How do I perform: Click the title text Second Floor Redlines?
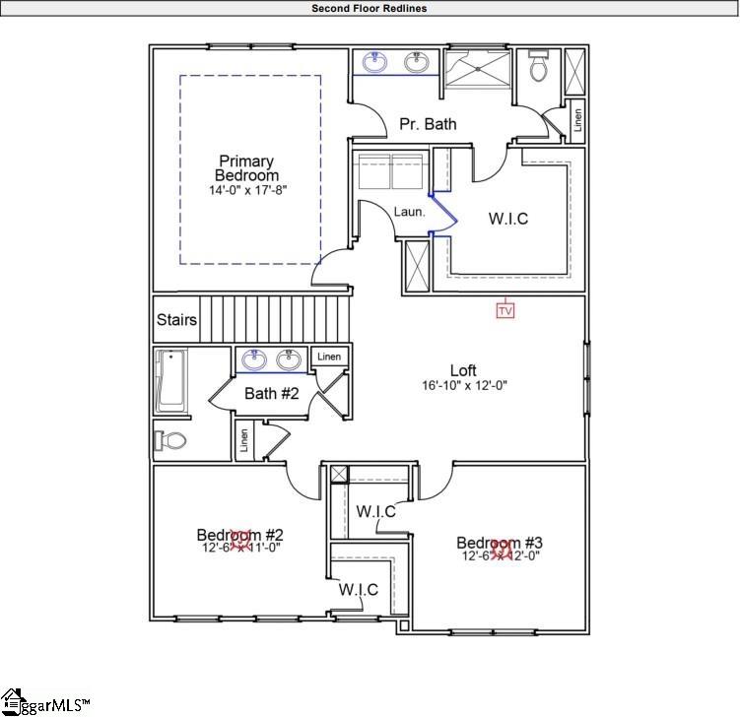click(370, 8)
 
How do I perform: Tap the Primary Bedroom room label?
click(246, 167)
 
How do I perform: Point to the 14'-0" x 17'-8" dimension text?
click(246, 190)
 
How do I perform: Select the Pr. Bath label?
click(428, 124)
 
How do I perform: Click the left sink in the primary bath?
click(374, 63)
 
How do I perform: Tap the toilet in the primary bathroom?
click(538, 67)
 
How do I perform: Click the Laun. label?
click(409, 211)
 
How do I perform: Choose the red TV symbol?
click(505, 310)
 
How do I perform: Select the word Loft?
click(463, 370)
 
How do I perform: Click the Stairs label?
click(177, 320)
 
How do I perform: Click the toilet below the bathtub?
click(169, 439)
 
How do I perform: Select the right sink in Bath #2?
click(289, 359)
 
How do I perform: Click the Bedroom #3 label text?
click(500, 542)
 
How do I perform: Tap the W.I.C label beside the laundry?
click(508, 218)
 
